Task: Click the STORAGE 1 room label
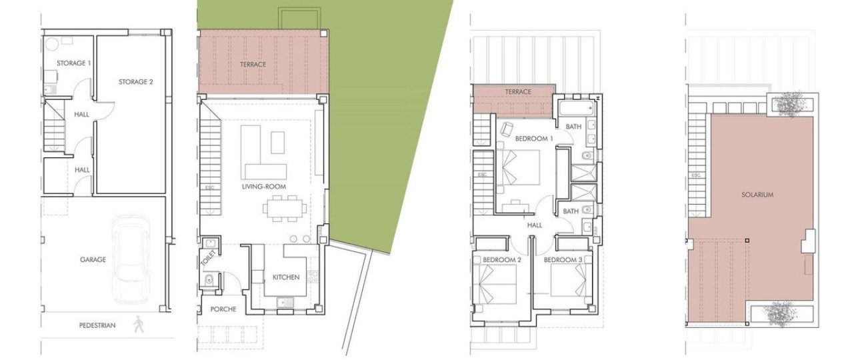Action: tap(74, 63)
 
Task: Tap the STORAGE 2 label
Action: tap(135, 82)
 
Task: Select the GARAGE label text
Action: tap(93, 260)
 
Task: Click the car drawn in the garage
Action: tap(131, 259)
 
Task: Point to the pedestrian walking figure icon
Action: tap(138, 325)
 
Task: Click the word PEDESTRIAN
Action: tap(97, 325)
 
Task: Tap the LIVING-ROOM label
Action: tap(264, 187)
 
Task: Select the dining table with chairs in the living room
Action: tap(285, 209)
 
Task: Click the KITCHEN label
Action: tap(286, 277)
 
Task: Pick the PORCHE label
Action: tap(223, 309)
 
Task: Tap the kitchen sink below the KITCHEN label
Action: tap(285, 303)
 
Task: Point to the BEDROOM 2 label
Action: tap(502, 260)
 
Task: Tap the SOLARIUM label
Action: tap(757, 195)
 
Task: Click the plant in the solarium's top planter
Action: tap(789, 102)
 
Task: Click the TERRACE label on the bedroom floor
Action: tap(518, 92)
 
